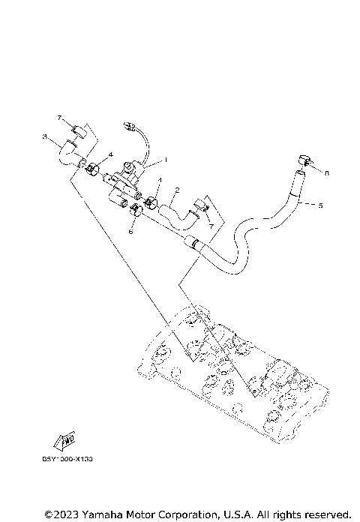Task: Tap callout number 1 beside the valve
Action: (x=166, y=159)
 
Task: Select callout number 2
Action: (x=177, y=190)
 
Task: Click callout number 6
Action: (x=130, y=232)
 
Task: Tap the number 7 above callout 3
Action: (x=59, y=118)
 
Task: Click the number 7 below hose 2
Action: (x=211, y=225)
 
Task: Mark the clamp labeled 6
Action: (x=136, y=211)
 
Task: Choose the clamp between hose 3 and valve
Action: (x=94, y=169)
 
